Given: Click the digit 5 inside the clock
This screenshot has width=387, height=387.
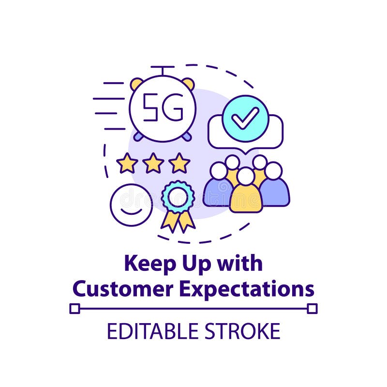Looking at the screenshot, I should click(150, 107).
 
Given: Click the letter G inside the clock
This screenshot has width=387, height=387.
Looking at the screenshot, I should click(174, 107).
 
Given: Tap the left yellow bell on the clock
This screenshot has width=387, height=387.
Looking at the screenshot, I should click(137, 83).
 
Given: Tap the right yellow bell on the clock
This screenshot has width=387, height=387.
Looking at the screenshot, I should click(188, 83).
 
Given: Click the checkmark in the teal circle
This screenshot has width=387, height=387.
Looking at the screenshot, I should click(245, 118).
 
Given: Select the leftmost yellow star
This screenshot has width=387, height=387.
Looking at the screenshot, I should click(127, 164).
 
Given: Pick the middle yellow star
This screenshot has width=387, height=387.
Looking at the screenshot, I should click(153, 164).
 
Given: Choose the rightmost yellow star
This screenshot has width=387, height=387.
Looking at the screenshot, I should click(179, 164).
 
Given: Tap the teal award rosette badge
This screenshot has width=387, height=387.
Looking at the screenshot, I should click(178, 196).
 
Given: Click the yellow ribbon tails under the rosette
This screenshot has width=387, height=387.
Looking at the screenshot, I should click(178, 220).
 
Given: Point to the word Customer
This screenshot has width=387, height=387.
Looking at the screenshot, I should click(123, 289).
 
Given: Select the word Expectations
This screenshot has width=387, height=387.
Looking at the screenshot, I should click(247, 289).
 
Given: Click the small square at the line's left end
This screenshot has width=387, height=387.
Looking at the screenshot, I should click(74, 308).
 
